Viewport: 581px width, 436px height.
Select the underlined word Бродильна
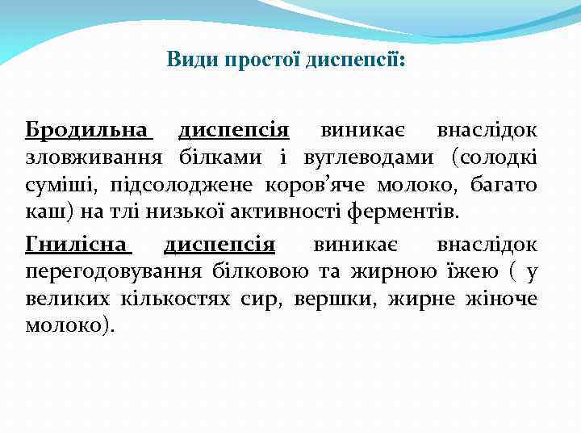click(89, 130)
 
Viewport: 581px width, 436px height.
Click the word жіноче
click(501, 300)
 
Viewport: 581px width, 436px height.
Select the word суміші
click(58, 186)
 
